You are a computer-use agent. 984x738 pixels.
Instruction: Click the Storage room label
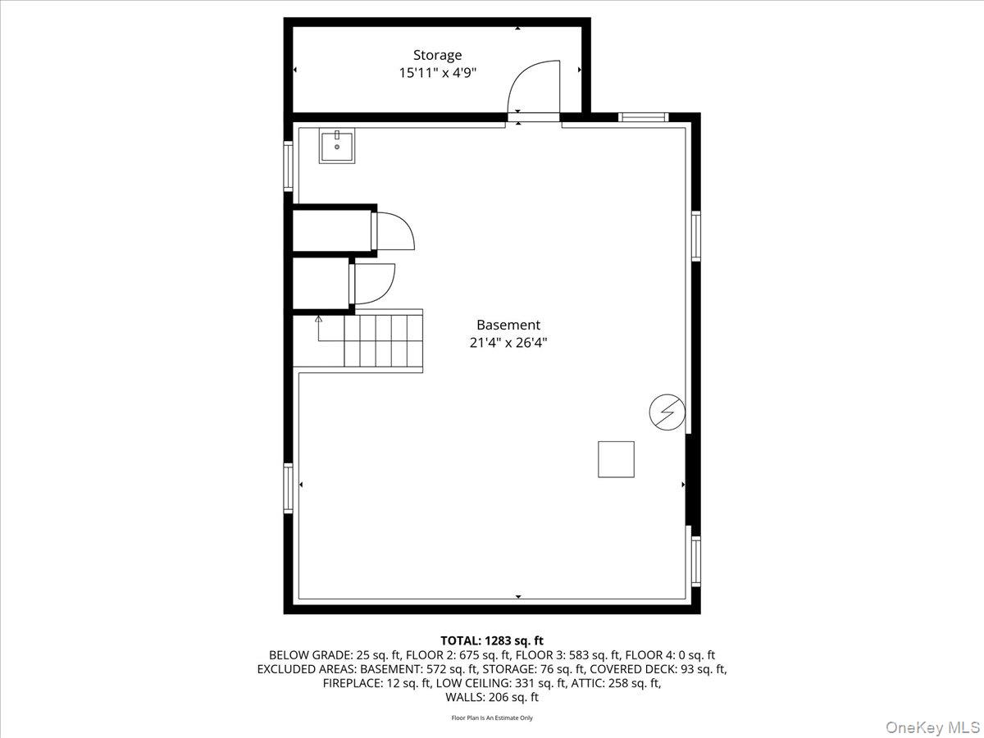(x=437, y=55)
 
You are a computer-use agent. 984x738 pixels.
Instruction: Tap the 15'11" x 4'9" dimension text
(x=437, y=73)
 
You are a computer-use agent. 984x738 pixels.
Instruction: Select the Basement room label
(x=508, y=325)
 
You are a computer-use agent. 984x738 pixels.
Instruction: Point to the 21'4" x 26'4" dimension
(x=508, y=343)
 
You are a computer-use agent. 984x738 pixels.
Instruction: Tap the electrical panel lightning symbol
(x=667, y=412)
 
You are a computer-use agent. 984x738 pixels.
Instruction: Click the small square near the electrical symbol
(x=616, y=459)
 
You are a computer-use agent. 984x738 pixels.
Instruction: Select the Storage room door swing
(x=534, y=88)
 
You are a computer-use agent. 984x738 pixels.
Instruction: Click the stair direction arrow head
(x=318, y=318)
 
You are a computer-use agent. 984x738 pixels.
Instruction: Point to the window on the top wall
(x=644, y=117)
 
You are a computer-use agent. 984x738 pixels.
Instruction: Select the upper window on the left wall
(x=288, y=166)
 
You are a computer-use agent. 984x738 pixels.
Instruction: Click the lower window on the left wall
(x=288, y=488)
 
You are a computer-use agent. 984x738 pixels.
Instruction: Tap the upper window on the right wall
(x=696, y=236)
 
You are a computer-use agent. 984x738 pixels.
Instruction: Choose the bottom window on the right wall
(x=696, y=561)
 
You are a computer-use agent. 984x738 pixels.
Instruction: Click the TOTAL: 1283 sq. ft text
(x=492, y=640)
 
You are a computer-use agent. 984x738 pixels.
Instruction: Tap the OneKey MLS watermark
(x=932, y=727)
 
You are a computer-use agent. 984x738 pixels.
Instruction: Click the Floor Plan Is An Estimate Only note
(x=492, y=718)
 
